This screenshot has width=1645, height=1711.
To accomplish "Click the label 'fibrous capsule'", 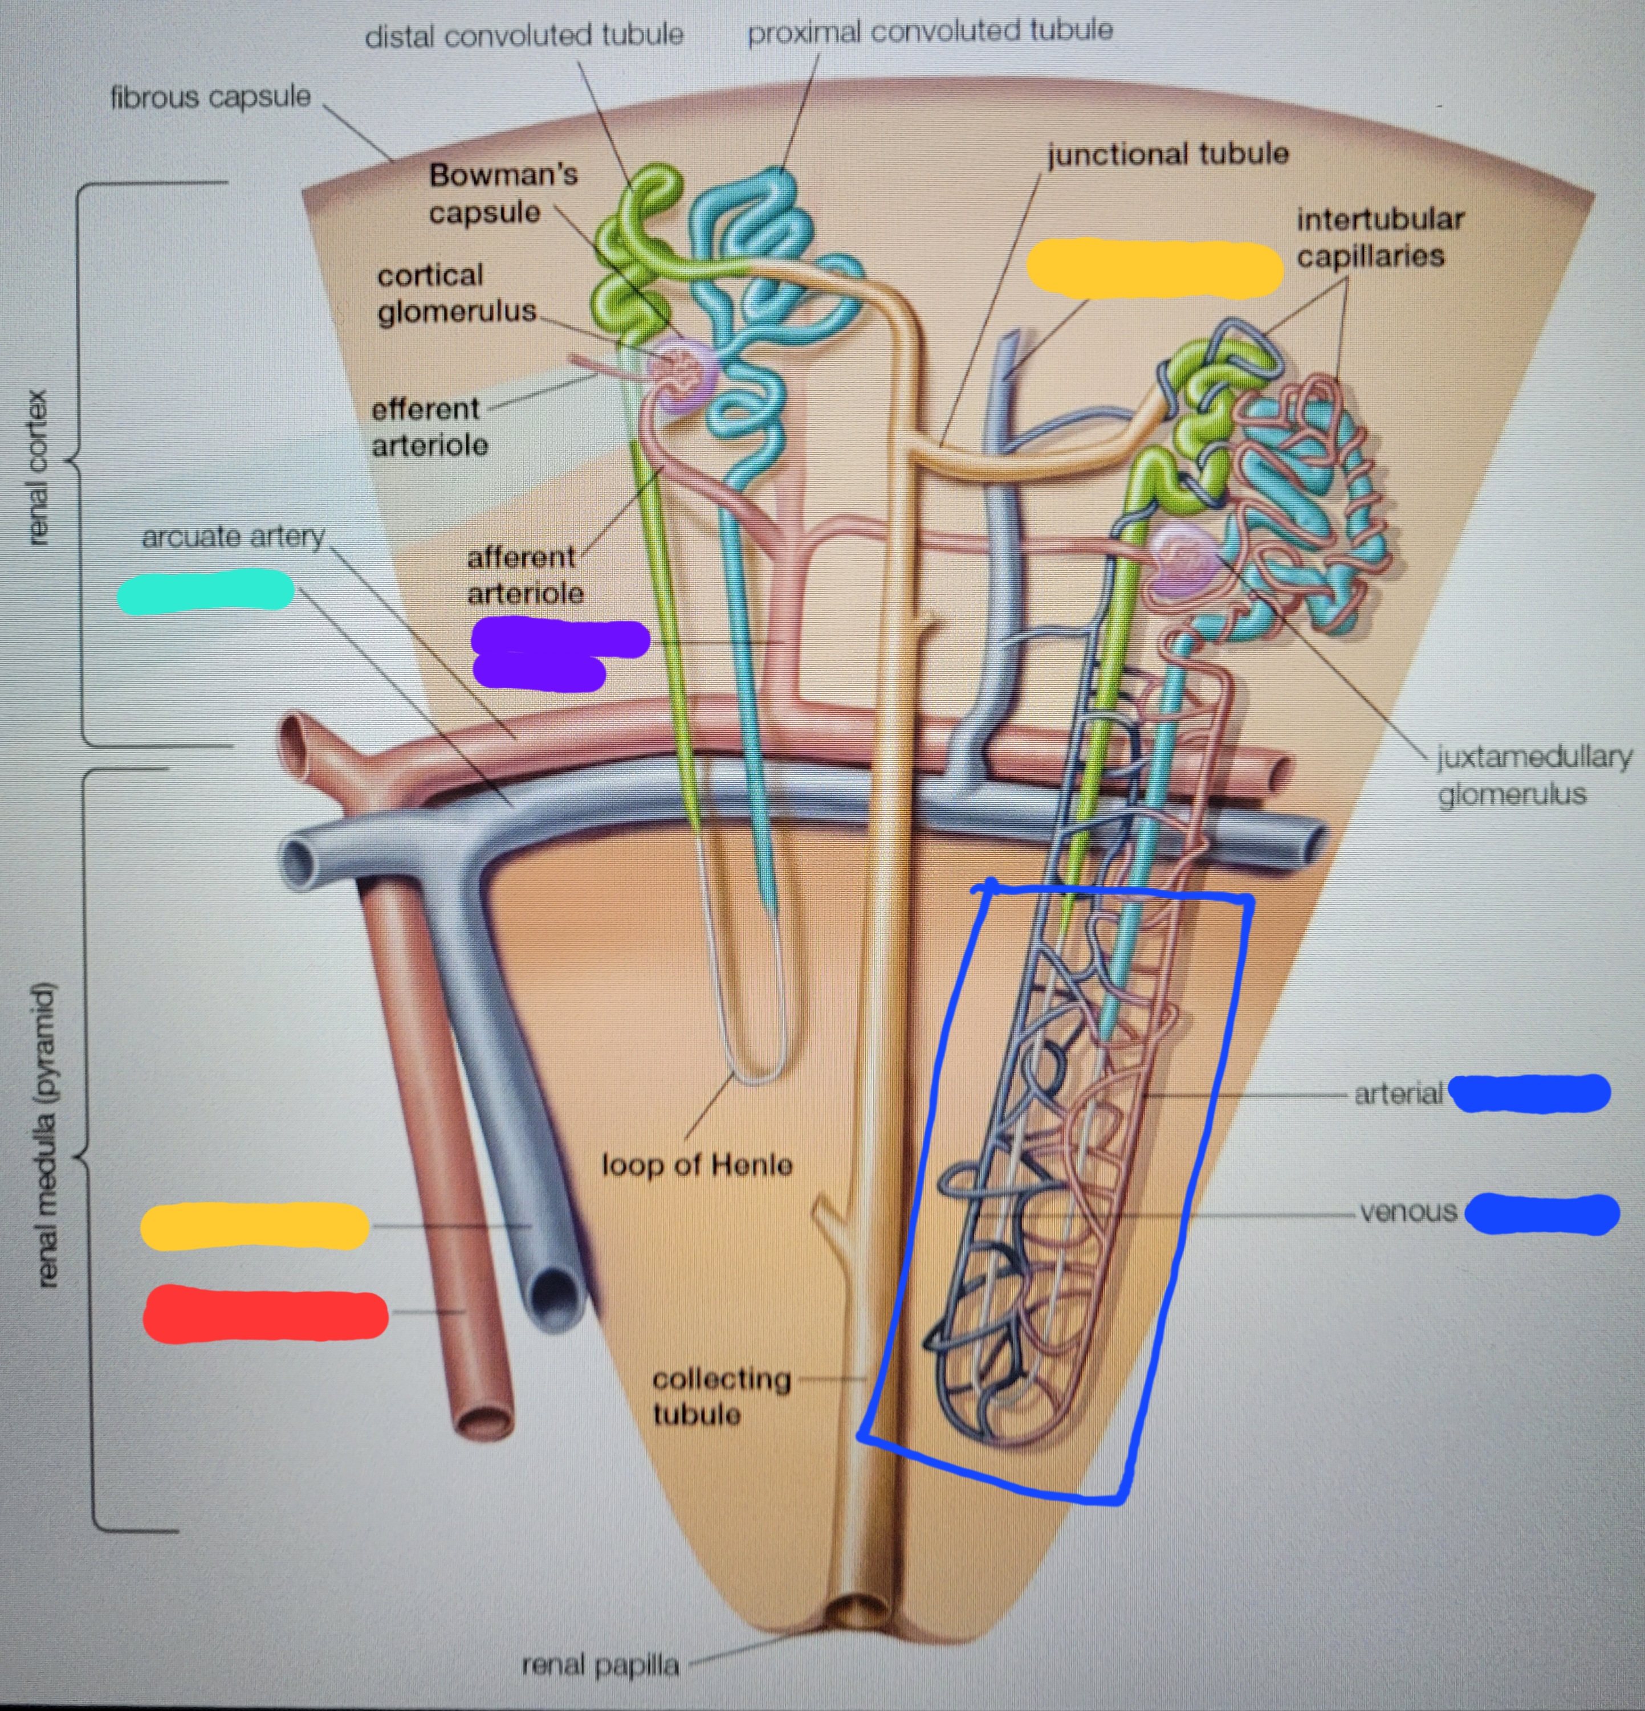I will tap(210, 97).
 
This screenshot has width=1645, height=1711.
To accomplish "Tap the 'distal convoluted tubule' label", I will tap(524, 36).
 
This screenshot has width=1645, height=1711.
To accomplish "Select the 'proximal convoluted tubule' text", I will tap(930, 31).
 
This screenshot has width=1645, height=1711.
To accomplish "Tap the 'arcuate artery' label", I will tap(233, 536).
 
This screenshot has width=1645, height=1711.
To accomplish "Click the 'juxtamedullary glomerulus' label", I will tap(1534, 775).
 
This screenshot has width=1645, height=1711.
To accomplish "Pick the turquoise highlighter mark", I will tap(205, 590).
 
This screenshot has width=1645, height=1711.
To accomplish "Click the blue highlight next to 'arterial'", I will tap(1529, 1093).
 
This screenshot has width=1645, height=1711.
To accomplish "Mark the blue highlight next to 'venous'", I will tap(1541, 1214).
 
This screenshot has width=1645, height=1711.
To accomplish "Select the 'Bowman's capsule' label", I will tap(502, 193).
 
